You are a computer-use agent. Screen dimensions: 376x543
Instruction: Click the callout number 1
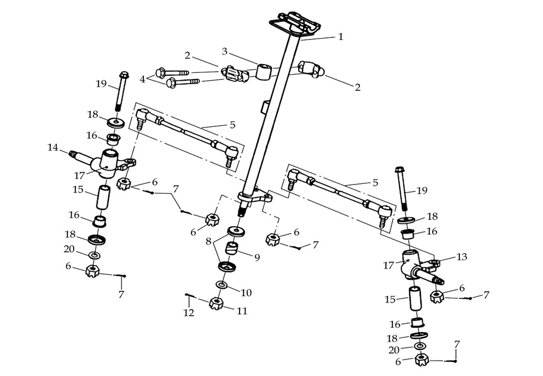click(x=340, y=37)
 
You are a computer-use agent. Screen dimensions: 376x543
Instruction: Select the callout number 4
click(x=142, y=78)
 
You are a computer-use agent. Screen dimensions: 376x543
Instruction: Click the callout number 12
click(x=189, y=313)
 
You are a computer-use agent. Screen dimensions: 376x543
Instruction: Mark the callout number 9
click(x=257, y=258)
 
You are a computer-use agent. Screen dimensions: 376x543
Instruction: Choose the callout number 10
click(x=247, y=292)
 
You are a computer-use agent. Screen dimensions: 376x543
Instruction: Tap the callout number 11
click(x=242, y=311)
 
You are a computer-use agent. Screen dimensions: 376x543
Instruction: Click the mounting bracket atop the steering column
click(x=295, y=24)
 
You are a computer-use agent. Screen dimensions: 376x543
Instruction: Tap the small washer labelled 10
click(x=221, y=286)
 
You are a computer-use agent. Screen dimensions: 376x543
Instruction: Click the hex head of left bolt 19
click(x=123, y=75)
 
